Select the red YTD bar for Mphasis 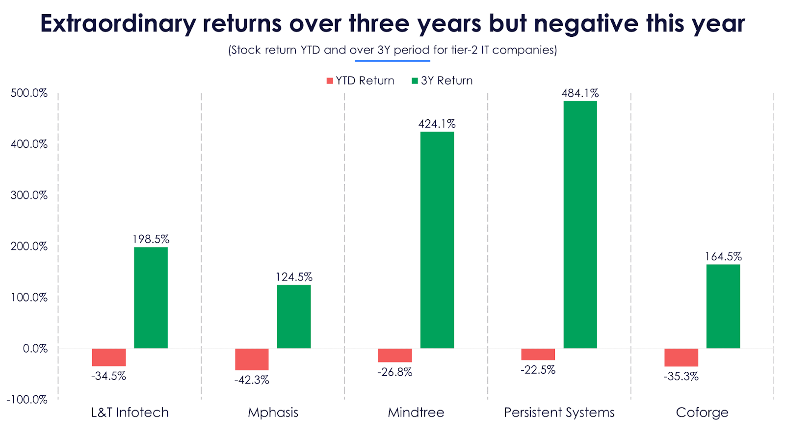click(252, 359)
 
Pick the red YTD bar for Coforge click(681, 357)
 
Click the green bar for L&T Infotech click(151, 298)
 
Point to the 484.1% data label click(580, 93)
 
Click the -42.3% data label click(252, 380)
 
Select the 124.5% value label click(294, 277)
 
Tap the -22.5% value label click(538, 370)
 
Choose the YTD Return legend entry click(361, 81)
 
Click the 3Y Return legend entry click(442, 81)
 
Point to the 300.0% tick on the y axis click(29, 195)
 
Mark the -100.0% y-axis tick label click(27, 399)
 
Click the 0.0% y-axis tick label click(35, 348)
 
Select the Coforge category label click(702, 413)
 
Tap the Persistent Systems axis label click(559, 413)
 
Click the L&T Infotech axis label click(130, 413)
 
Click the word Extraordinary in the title click(118, 24)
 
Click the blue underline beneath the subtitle click(392, 61)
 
